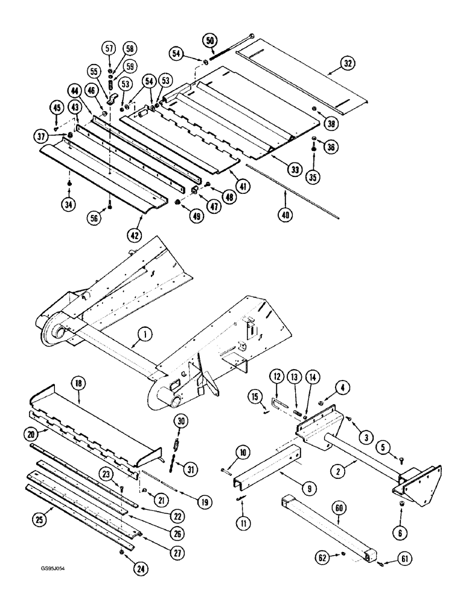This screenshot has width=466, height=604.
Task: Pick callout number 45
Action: click(x=56, y=109)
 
